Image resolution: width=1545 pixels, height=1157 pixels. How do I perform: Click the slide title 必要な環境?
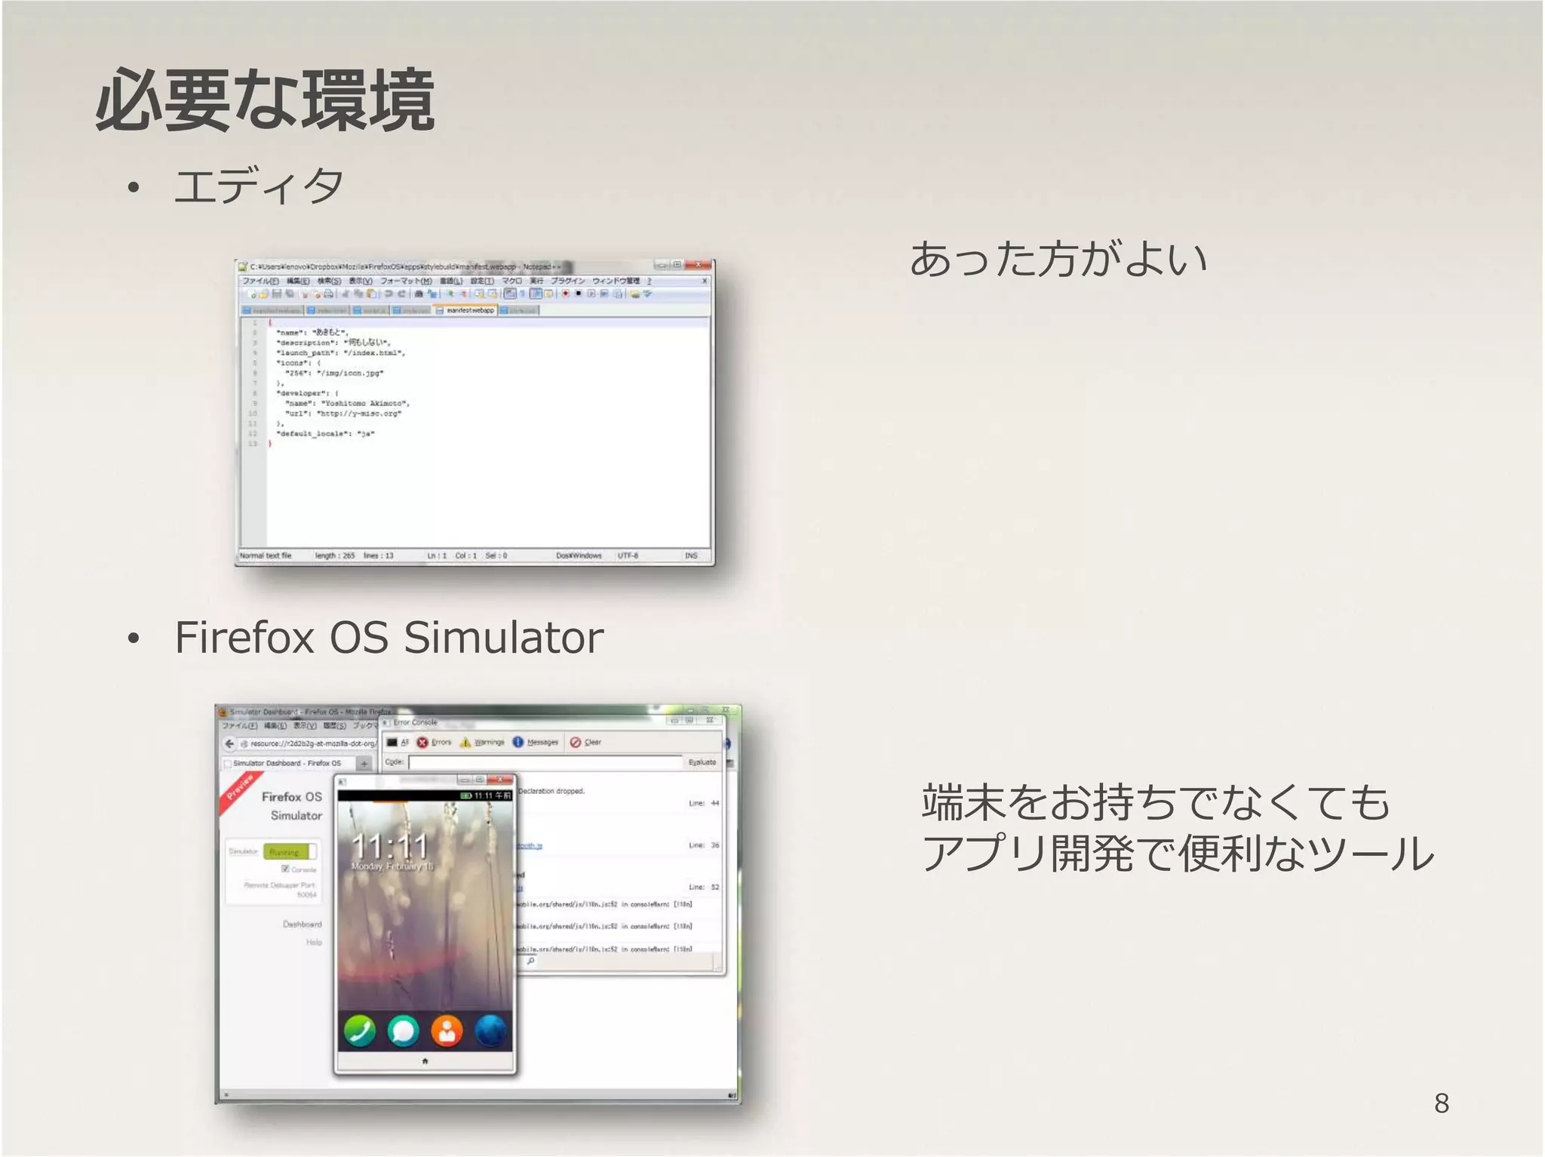tap(265, 100)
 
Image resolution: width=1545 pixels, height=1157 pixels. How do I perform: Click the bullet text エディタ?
tap(259, 186)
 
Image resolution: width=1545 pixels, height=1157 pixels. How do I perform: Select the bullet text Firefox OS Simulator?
tap(389, 638)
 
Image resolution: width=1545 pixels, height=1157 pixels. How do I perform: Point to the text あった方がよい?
tap(1058, 259)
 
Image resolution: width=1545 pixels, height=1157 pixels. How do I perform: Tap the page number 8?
tap(1441, 1103)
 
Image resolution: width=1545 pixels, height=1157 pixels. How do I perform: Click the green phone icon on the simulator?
tap(359, 1031)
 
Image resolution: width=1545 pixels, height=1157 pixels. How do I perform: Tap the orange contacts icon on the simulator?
tap(447, 1031)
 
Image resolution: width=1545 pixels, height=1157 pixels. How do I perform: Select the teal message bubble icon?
tap(403, 1031)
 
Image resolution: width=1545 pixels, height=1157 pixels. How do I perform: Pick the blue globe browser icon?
tap(490, 1031)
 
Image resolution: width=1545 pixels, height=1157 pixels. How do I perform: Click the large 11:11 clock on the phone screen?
tap(390, 845)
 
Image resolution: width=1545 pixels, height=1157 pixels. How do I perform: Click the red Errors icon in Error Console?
tap(423, 743)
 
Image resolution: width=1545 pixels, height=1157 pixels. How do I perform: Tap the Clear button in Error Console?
tap(586, 743)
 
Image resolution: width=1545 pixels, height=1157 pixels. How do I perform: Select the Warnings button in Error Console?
tap(483, 743)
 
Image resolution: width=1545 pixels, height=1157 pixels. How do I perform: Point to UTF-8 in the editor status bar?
tap(628, 555)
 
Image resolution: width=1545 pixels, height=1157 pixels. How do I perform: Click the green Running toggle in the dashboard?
tap(289, 852)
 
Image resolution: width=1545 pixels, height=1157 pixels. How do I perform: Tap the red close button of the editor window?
tap(701, 265)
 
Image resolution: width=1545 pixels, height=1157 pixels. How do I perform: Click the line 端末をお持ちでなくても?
tap(1155, 802)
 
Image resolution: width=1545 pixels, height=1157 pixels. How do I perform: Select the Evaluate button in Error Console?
tap(702, 762)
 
